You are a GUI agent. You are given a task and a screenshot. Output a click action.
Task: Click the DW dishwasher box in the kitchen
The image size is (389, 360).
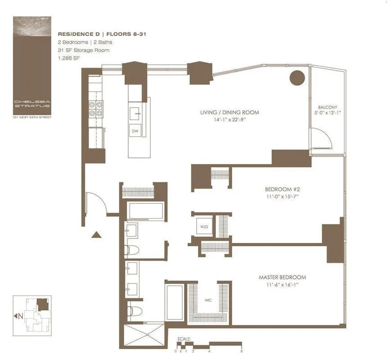click(135, 131)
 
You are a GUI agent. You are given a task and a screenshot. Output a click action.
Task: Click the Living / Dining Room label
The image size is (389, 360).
click(230, 112)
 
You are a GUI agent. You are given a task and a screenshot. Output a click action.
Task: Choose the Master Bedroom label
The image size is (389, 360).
click(282, 277)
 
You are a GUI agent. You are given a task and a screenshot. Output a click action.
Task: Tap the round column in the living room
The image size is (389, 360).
click(297, 78)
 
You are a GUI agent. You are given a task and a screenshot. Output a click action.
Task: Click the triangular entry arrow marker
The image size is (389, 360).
click(96, 234)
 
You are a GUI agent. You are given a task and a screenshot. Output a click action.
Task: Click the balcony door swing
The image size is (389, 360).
click(321, 138)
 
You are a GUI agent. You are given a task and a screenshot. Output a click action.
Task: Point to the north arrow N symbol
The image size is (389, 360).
click(18, 316)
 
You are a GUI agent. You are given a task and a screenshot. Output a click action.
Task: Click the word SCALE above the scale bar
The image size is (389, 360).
click(184, 338)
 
